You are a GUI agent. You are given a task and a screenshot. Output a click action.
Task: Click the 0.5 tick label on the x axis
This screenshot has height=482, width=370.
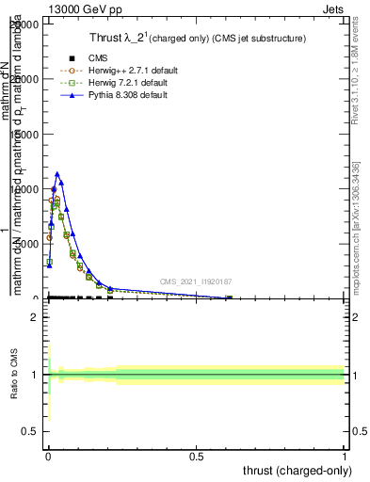click(197, 456)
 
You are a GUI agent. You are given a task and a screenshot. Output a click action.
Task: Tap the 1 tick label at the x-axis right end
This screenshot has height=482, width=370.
click(345, 456)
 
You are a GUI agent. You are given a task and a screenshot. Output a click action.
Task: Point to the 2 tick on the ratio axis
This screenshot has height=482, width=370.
click(36, 317)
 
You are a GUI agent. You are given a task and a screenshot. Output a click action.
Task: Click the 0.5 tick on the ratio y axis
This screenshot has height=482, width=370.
click(32, 431)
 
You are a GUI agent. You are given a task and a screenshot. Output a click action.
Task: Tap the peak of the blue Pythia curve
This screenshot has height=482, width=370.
click(57, 173)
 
